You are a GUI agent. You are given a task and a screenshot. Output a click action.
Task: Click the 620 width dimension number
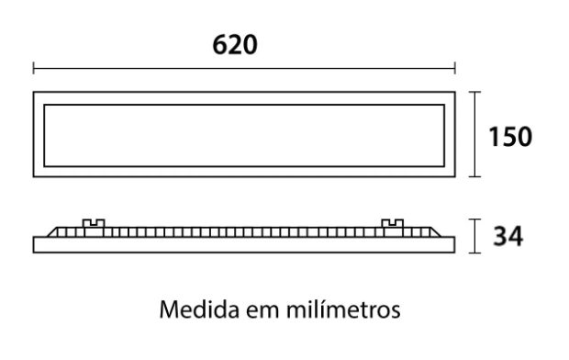pos(235,44)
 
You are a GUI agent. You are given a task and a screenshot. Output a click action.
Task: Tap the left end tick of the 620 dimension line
pos(34,67)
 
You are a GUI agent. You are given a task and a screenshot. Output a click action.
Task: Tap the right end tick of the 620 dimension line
pos(455,67)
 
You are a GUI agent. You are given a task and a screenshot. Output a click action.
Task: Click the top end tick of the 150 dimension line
pos(474,93)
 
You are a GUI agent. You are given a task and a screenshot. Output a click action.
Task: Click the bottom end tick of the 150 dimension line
pos(474,175)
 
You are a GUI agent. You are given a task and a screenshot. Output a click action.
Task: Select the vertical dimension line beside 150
pos(474,134)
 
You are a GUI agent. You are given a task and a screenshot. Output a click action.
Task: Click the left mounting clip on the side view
pos(94,223)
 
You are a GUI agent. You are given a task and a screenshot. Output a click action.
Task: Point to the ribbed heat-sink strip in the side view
pos(243,231)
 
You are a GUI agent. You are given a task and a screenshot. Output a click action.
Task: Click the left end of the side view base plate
pos(36,243)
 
